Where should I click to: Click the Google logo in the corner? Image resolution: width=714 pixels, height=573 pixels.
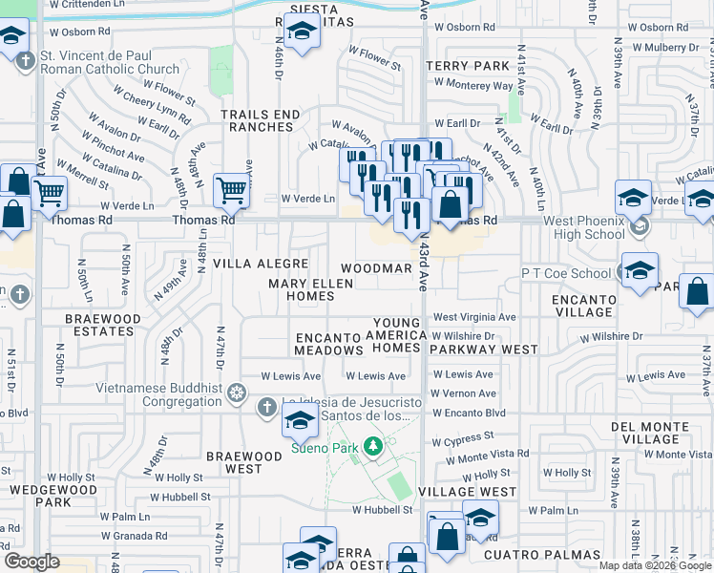(31, 562)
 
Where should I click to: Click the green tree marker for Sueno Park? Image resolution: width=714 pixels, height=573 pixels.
(376, 446)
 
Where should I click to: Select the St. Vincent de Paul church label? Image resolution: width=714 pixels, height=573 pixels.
(110, 62)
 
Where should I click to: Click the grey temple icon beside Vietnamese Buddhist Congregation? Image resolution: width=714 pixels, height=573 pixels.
(237, 393)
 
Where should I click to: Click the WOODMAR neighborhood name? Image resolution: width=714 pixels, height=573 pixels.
(376, 268)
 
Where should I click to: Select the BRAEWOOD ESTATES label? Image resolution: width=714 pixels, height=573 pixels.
(99, 324)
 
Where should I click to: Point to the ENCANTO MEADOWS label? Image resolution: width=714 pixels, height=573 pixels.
(328, 344)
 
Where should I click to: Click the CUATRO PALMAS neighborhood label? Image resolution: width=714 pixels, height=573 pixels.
(541, 555)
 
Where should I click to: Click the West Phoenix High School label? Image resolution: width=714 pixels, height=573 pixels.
(584, 227)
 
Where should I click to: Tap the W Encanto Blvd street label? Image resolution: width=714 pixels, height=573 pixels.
(468, 413)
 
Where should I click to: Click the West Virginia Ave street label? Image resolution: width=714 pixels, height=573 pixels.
(474, 317)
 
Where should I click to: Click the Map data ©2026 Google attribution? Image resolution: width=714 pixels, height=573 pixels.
(655, 565)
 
